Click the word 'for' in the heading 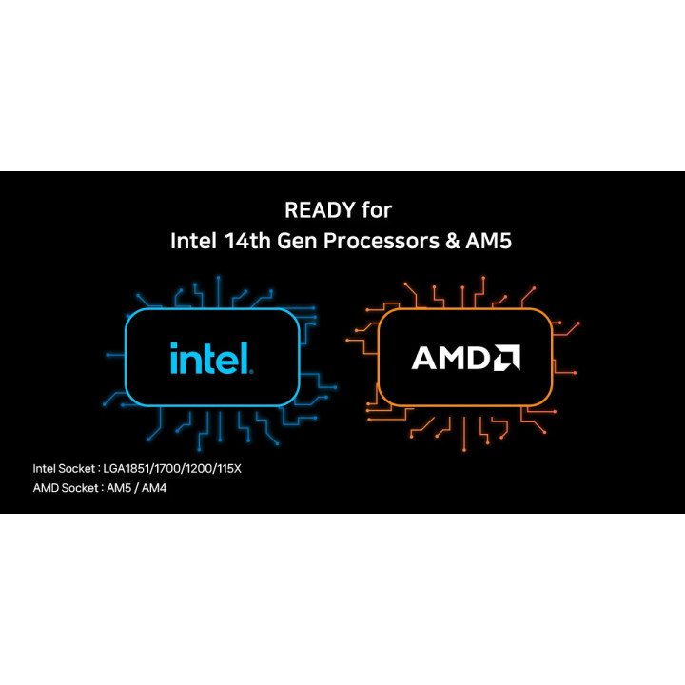pyautogui.click(x=377, y=209)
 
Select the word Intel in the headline pyautogui.click(x=193, y=241)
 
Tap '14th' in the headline pyautogui.click(x=247, y=241)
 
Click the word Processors pyautogui.click(x=381, y=241)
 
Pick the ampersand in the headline pyautogui.click(x=453, y=241)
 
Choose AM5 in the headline pyautogui.click(x=488, y=241)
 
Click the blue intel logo pyautogui.click(x=211, y=358)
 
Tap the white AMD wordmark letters pyautogui.click(x=451, y=358)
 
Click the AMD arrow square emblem pyautogui.click(x=507, y=358)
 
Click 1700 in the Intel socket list pyautogui.click(x=167, y=469)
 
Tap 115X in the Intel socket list pyautogui.click(x=229, y=469)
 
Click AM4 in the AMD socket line pyautogui.click(x=154, y=488)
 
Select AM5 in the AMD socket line pyautogui.click(x=119, y=488)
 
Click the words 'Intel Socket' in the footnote pyautogui.click(x=64, y=469)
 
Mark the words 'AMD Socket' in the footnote pyautogui.click(x=66, y=488)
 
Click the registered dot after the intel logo pyautogui.click(x=251, y=372)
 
